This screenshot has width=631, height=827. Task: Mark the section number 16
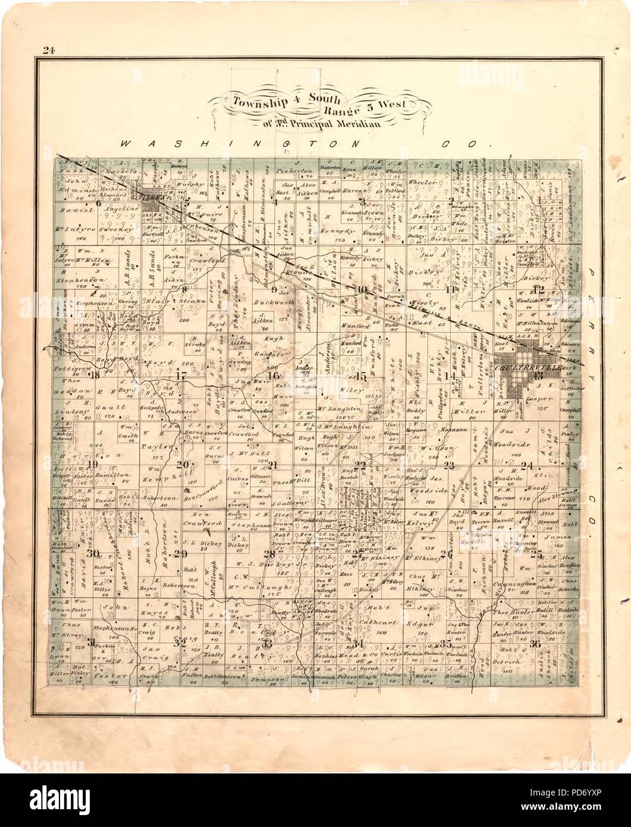[274, 375]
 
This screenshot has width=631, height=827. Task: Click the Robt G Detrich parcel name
[519, 655]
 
